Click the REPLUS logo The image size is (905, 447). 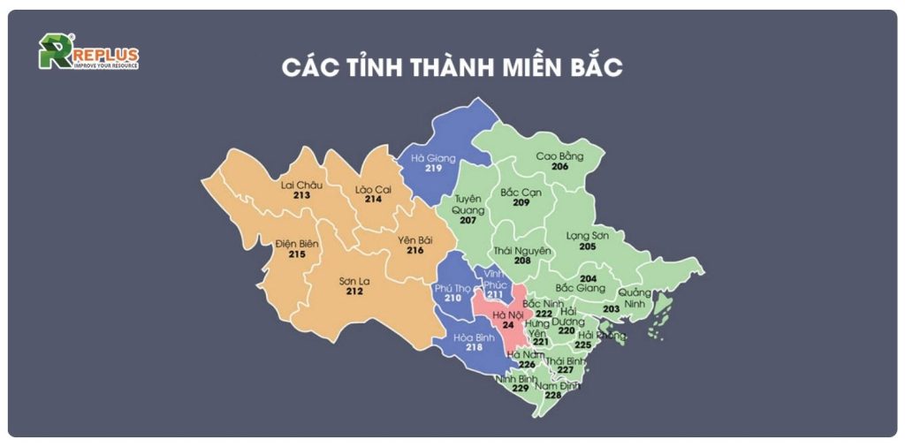87,52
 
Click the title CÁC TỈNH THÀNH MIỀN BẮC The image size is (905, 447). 452,68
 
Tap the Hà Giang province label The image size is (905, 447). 433,158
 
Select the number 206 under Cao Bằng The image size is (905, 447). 559,167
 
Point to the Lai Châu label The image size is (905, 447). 301,185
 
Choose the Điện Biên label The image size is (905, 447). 296,243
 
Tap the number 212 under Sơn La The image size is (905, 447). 355,292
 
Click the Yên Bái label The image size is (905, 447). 414,239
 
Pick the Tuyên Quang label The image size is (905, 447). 468,205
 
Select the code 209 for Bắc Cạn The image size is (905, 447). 521,203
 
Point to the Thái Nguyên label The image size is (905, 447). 522,250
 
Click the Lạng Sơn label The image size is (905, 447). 589,235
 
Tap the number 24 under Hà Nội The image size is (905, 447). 508,325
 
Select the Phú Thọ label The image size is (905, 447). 453,288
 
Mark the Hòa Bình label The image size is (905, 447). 474,337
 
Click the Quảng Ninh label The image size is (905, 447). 635,299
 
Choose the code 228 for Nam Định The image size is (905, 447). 553,396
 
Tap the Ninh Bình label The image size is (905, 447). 517,379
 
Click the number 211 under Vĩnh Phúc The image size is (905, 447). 496,294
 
